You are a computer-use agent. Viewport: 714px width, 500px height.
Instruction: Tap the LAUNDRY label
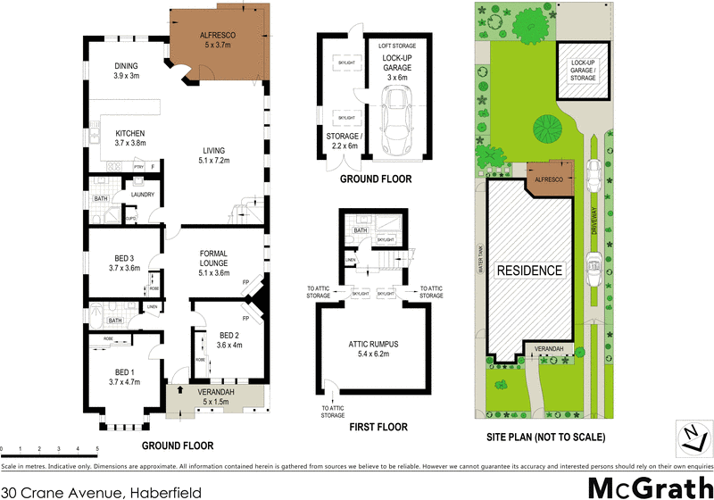[x=143, y=195]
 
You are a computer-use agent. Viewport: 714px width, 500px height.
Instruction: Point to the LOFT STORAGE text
[x=396, y=44]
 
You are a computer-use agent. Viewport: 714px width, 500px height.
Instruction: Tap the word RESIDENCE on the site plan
[x=530, y=271]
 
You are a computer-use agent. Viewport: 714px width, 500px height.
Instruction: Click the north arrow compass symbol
[x=688, y=436]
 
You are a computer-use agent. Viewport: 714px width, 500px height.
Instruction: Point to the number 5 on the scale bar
[x=96, y=449]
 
